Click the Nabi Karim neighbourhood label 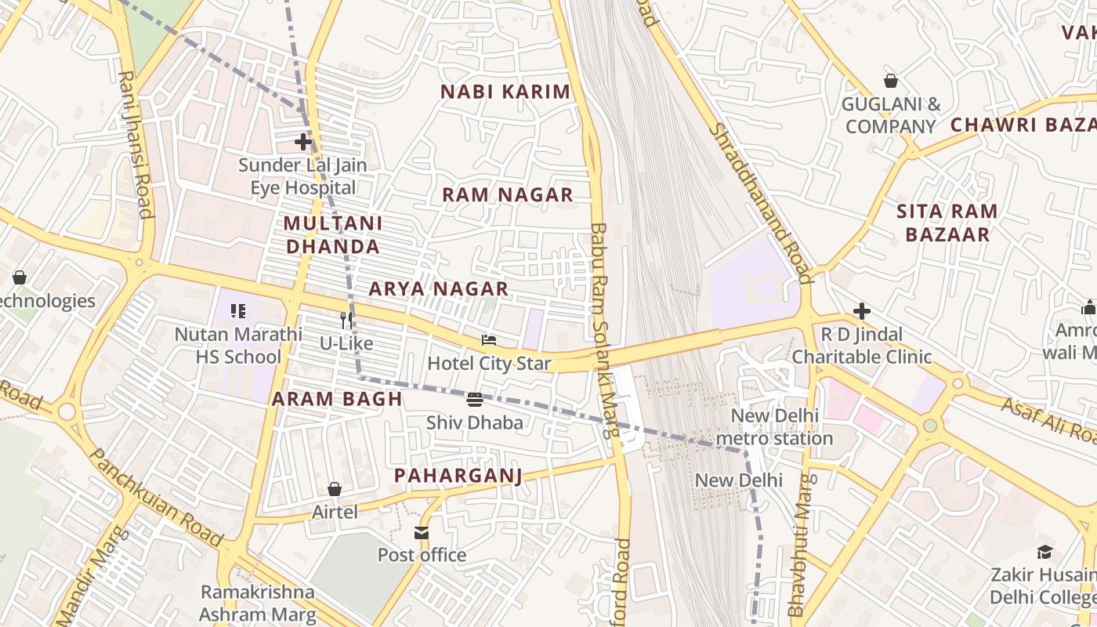505,92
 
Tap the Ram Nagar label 508,195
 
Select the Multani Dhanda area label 333,235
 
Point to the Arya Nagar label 439,289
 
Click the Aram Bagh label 337,399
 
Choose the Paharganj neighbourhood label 458,476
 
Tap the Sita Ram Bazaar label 947,223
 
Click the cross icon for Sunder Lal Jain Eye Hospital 303,142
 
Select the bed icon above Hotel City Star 489,340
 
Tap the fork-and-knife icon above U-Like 347,320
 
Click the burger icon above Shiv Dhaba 474,400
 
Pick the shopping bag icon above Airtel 335,489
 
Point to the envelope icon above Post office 422,533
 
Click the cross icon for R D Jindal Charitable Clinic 862,311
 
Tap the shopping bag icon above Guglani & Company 891,81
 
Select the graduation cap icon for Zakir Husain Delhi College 1045,552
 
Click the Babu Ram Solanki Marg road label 603,329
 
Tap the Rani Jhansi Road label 135,144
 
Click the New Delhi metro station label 774,426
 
